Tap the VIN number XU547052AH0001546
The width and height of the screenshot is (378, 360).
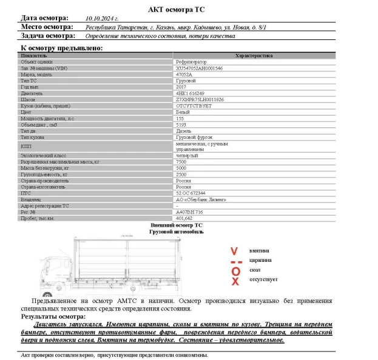point(198,68)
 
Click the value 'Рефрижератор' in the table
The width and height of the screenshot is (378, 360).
point(190,62)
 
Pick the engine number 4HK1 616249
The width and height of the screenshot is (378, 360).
point(190,93)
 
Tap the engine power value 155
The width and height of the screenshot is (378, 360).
point(179,118)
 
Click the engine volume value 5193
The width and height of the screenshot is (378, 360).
point(180,125)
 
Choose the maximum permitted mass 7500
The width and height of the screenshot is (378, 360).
point(180,162)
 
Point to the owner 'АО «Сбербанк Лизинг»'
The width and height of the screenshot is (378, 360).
point(200,199)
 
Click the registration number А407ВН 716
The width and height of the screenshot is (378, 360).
point(189,212)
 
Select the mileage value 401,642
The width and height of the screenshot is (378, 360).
point(183,218)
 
